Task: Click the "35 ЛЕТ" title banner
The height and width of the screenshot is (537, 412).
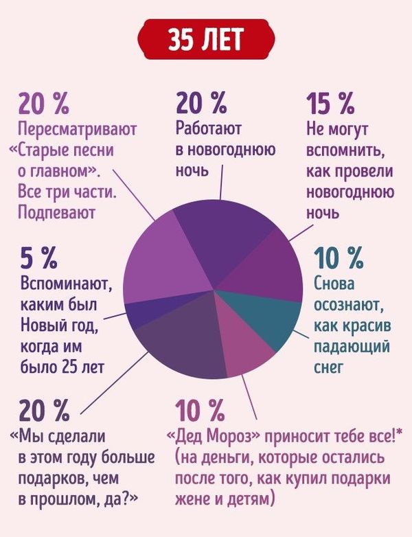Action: pyautogui.click(x=206, y=40)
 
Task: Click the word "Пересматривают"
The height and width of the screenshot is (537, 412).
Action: pyautogui.click(x=78, y=129)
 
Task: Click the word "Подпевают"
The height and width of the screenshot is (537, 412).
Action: pyautogui.click(x=56, y=211)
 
